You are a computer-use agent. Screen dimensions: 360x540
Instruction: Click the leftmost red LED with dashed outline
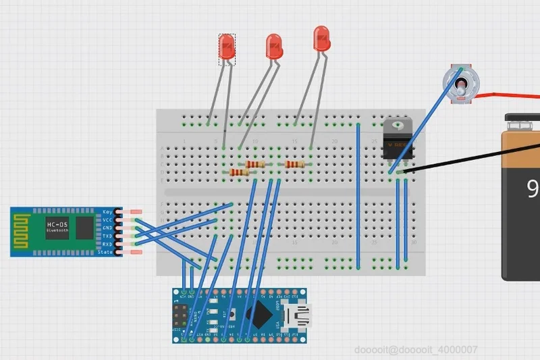[227, 47]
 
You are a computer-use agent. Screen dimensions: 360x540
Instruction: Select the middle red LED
[274, 46]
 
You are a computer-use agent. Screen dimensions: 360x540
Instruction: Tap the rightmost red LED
[322, 38]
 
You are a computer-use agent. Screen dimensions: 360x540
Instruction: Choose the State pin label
[105, 252]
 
